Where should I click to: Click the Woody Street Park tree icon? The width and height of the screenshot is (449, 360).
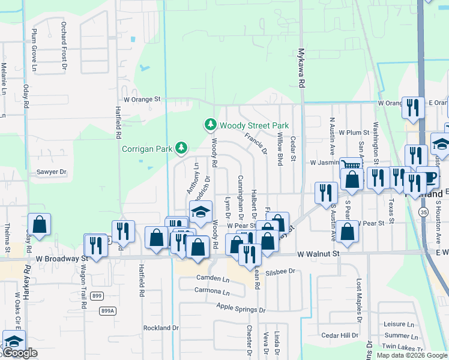(x=210, y=125)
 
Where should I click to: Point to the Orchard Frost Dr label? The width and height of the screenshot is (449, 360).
(x=63, y=47)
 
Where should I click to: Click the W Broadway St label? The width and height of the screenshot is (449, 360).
(x=61, y=259)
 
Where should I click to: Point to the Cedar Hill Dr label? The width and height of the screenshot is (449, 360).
(x=339, y=335)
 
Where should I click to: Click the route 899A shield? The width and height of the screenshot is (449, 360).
(x=107, y=310)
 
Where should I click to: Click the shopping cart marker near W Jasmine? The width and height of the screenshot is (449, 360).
(x=351, y=165)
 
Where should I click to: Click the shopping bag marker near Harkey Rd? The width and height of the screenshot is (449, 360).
(x=39, y=224)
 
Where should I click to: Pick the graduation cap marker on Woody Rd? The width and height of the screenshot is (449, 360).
(x=201, y=211)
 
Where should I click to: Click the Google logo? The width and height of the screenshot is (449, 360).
(x=19, y=353)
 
